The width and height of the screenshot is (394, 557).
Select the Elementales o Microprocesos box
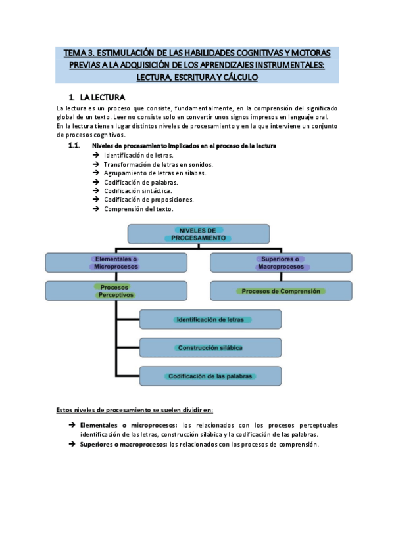pos(116,263)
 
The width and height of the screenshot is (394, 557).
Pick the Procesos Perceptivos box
pos(116,291)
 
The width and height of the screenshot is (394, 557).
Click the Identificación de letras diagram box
pos(210,319)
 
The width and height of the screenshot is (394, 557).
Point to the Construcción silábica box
pos(210,347)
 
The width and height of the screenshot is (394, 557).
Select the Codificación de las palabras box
pos(210,376)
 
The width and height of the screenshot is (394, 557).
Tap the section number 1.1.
pos(74,145)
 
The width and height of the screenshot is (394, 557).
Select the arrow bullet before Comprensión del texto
pos(96,209)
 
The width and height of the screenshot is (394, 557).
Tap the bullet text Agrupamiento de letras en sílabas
pos(155,173)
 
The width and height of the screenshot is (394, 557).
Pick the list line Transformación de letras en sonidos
pos(158,164)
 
